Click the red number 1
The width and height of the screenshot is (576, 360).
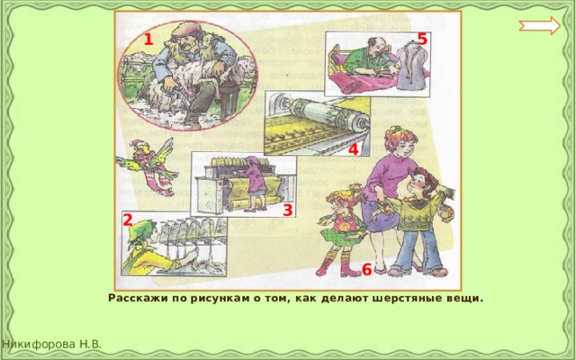coord(148,40)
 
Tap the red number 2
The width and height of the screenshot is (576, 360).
coord(127,220)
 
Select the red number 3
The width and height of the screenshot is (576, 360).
coord(288,211)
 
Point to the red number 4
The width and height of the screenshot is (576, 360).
coord(353,149)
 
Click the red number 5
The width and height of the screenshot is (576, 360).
coord(422,39)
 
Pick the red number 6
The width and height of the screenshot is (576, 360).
coord(366,269)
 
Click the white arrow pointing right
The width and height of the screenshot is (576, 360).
coord(540,26)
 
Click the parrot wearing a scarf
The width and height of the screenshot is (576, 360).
coord(146,164)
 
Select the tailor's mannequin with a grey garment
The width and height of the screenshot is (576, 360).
coord(411,68)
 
